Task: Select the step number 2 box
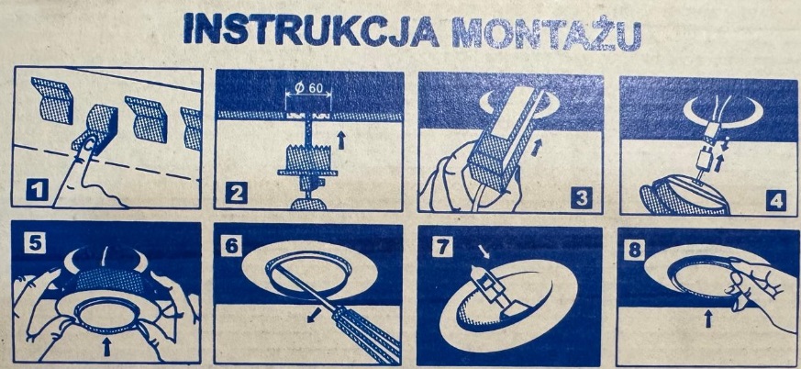tap(237, 194)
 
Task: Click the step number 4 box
tap(775, 199)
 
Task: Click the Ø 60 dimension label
tap(309, 88)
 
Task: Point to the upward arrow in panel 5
tap(106, 348)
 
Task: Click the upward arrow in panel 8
tap(708, 319)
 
